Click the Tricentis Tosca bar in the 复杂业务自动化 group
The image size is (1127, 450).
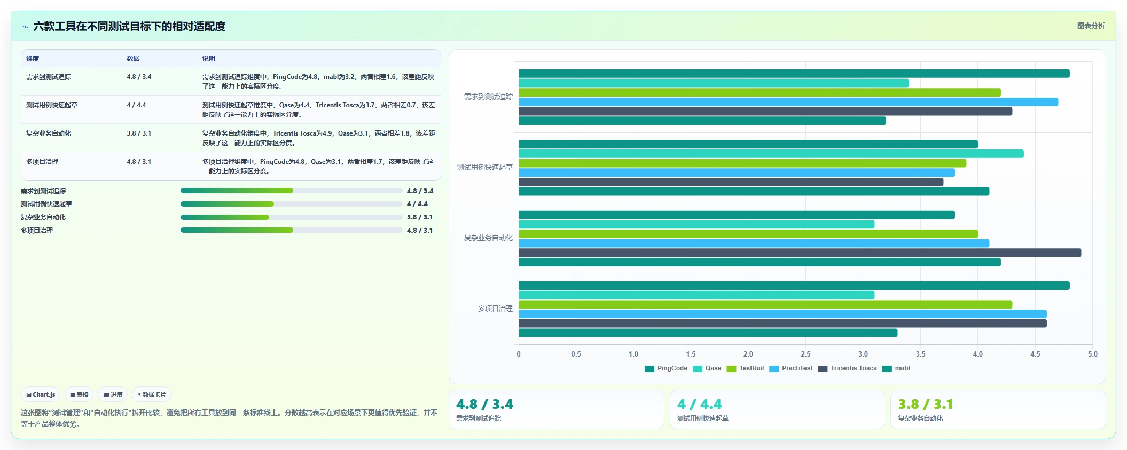(x=800, y=252)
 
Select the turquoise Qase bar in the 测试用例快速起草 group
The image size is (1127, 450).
(x=771, y=154)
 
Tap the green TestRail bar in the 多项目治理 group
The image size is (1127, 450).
(x=765, y=304)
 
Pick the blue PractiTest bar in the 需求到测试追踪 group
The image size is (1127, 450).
(x=788, y=102)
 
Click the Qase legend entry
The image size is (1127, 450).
(x=707, y=368)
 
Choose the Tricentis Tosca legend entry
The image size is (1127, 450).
(x=848, y=368)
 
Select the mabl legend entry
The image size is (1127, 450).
(x=896, y=368)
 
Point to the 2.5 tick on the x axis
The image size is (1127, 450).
(x=805, y=354)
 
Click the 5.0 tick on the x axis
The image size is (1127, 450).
(x=1092, y=354)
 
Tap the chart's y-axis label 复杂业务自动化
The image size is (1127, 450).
(x=488, y=238)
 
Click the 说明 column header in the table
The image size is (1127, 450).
(x=208, y=59)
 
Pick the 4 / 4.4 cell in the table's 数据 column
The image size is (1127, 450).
(x=136, y=105)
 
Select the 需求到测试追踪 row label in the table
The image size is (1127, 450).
(x=49, y=77)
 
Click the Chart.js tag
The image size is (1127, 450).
(x=41, y=394)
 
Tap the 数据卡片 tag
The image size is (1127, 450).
(x=152, y=394)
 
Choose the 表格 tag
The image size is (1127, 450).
(x=79, y=394)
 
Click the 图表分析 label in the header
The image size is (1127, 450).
(x=1091, y=26)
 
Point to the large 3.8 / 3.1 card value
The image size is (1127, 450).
(x=925, y=404)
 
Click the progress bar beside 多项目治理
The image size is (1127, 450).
(x=291, y=230)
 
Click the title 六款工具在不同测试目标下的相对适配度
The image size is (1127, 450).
(x=129, y=26)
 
